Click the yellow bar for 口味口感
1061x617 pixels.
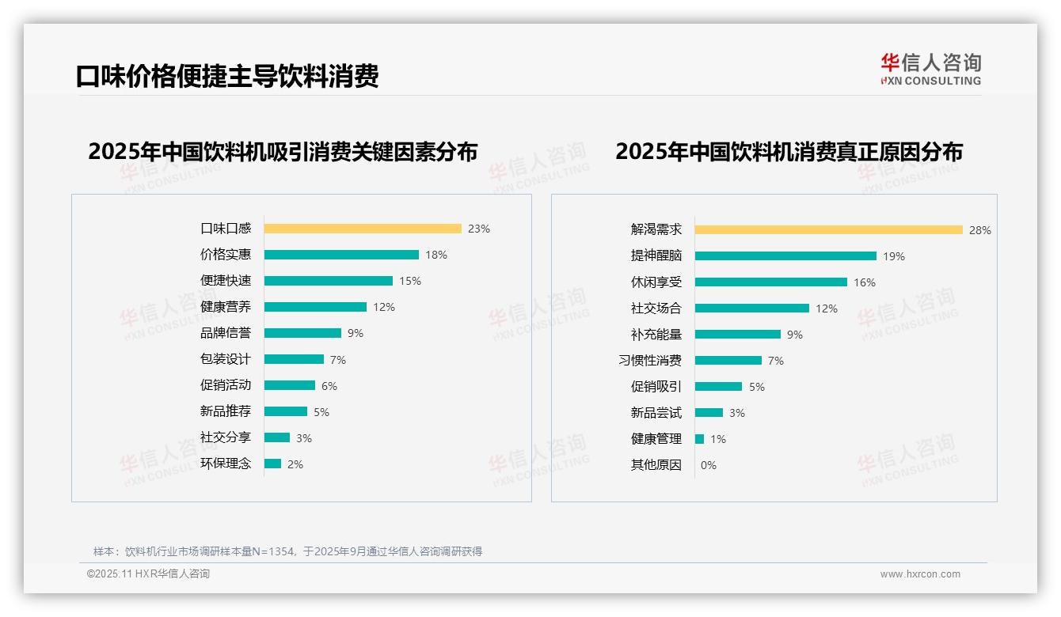363,229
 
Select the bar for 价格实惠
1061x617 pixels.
341,255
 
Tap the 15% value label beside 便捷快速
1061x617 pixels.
410,281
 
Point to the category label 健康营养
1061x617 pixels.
226,307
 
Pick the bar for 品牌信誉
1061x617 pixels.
302,333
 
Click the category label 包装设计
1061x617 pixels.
226,359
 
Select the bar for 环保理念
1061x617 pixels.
272,464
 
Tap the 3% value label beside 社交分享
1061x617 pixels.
304,438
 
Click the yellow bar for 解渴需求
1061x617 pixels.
828,230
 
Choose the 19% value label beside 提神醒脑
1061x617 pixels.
894,256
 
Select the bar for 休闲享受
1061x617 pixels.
770,282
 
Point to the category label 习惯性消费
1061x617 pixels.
650,361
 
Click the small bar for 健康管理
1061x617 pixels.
699,439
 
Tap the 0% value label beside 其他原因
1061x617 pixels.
709,465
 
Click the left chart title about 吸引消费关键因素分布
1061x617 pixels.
283,151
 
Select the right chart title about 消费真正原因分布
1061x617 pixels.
789,151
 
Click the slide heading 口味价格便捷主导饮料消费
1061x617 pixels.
227,76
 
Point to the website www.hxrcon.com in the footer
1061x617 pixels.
920,574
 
